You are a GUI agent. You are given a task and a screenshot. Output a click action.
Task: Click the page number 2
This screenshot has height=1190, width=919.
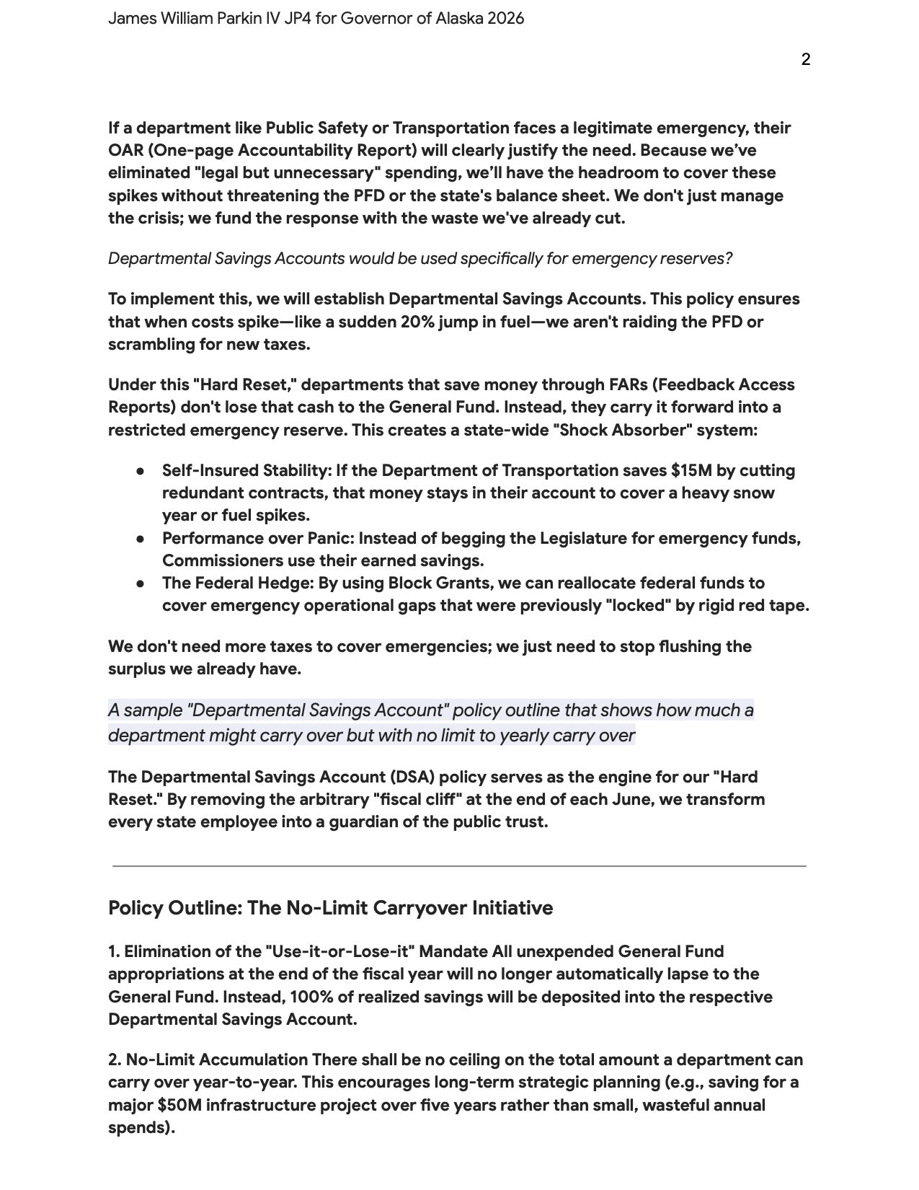(805, 59)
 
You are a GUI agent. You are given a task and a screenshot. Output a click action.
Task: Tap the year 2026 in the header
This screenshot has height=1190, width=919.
(505, 19)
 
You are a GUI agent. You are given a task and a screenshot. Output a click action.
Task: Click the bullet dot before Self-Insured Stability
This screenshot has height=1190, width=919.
(141, 471)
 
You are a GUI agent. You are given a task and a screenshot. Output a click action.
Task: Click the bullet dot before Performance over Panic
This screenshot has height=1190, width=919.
(141, 539)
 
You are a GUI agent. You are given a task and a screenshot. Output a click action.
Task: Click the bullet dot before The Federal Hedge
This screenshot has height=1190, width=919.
(141, 583)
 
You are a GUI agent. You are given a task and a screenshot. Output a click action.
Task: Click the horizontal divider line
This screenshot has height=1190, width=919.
(459, 865)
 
